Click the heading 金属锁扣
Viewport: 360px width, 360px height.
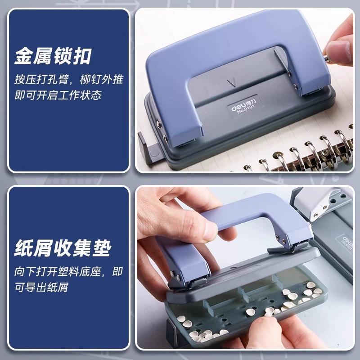coord(53,56)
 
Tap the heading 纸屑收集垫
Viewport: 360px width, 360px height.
coord(63,248)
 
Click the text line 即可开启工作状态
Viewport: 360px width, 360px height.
coord(58,95)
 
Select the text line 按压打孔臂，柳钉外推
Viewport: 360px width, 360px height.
coord(69,80)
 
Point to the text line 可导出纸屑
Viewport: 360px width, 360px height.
coord(41,287)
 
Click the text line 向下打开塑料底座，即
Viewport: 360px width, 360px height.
coord(68,272)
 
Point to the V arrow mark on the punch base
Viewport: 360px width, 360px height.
coord(232,83)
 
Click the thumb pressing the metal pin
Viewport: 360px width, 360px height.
coord(339,52)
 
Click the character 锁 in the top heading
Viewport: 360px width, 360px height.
coord(63,56)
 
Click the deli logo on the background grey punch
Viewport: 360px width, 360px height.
coord(346,240)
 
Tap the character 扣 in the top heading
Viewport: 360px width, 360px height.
coord(82,56)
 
